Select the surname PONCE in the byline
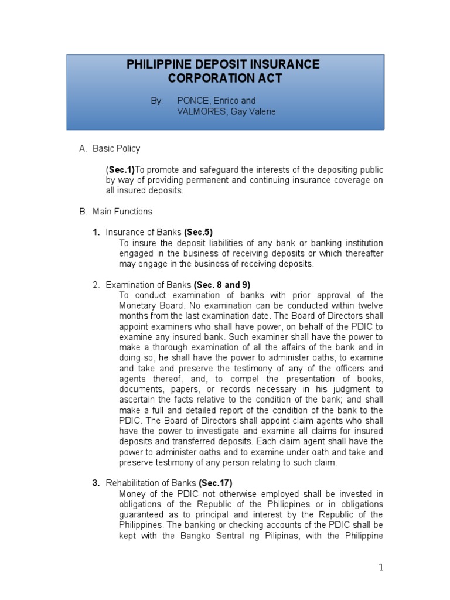click(193, 101)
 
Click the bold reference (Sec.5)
click(202, 233)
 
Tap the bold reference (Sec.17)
click(216, 483)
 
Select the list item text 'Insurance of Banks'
click(144, 233)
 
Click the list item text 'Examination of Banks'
click(149, 285)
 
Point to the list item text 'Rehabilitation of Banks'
click(151, 483)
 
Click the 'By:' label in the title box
click(157, 101)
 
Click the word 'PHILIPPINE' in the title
click(159, 64)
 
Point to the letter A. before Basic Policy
click(83, 149)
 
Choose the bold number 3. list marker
click(96, 483)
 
